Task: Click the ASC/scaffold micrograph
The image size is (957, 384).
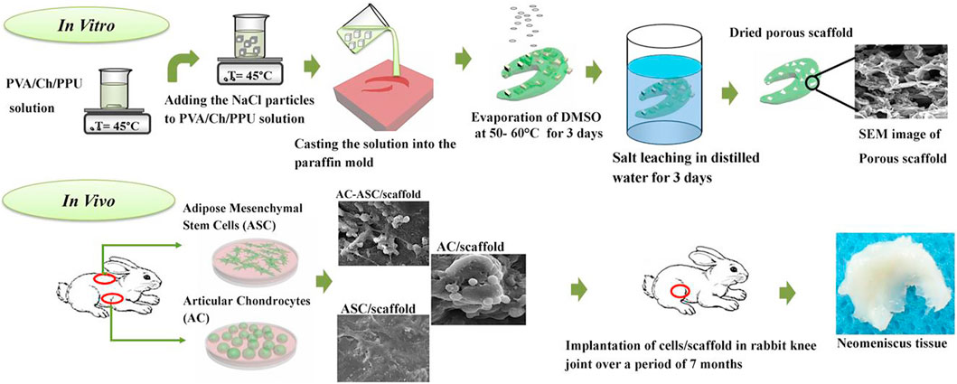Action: tap(380, 341)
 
